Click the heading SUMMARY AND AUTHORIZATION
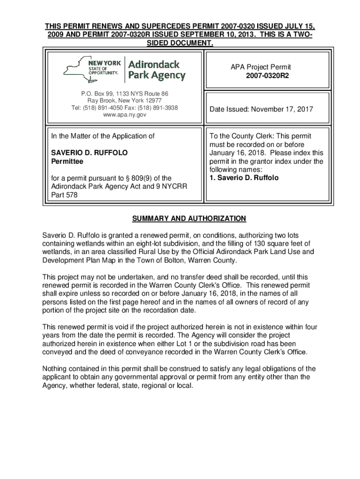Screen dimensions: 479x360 click(182, 219)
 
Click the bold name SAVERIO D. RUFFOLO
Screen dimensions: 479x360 click(89, 153)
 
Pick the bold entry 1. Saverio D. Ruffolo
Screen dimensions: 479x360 click(244, 178)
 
